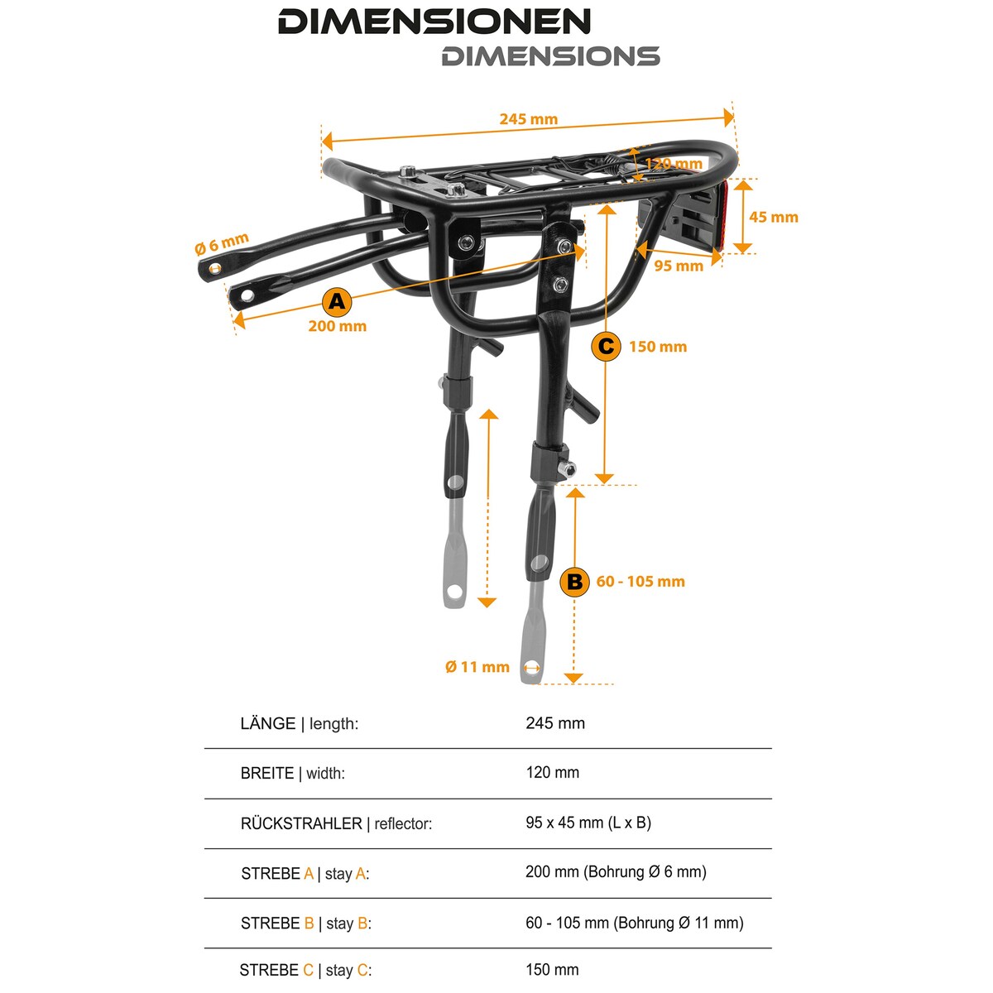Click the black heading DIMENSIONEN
click(434, 22)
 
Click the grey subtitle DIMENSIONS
click(551, 56)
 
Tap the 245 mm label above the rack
click(528, 119)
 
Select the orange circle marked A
click(337, 301)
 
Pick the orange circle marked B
click(574, 582)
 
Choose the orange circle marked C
click(606, 346)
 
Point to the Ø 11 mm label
click(477, 667)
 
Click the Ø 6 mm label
click(222, 243)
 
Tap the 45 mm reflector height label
click(774, 217)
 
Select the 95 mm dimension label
click(679, 266)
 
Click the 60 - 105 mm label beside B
click(640, 581)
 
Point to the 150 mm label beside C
click(658, 346)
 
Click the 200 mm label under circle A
click(337, 326)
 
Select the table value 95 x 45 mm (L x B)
click(588, 823)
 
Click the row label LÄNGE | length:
click(299, 723)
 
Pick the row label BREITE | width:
click(292, 773)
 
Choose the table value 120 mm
click(553, 772)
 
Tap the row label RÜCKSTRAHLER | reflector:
click(336, 823)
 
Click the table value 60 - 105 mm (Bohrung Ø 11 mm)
click(635, 923)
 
